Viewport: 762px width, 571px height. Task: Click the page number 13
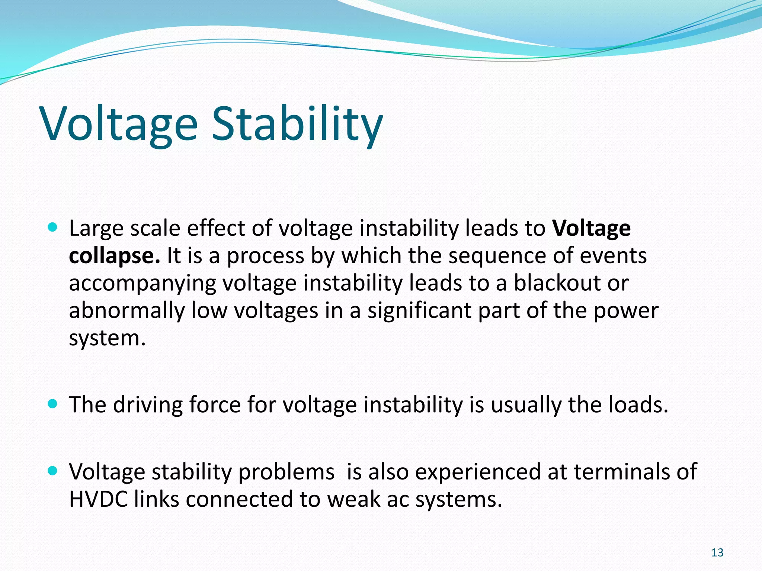point(717,553)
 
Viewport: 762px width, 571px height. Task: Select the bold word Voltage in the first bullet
point(591,228)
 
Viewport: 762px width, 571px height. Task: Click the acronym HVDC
point(99,499)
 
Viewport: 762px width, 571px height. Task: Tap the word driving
point(148,405)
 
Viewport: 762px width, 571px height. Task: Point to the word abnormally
point(127,311)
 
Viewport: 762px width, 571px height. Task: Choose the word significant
point(419,311)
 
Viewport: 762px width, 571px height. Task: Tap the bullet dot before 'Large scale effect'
point(53,227)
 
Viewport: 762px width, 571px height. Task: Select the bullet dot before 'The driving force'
point(53,404)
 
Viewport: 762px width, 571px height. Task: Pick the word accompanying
point(143,284)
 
